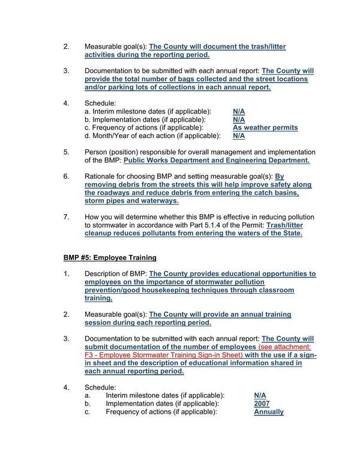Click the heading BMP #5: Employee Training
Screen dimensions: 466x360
(110, 258)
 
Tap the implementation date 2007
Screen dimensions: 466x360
(262, 404)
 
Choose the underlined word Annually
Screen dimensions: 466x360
(269, 412)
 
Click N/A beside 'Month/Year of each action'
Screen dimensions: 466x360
(239, 136)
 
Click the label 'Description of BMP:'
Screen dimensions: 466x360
(115, 273)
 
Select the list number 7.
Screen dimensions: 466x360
(67, 217)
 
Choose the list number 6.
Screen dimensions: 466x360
(67, 177)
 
